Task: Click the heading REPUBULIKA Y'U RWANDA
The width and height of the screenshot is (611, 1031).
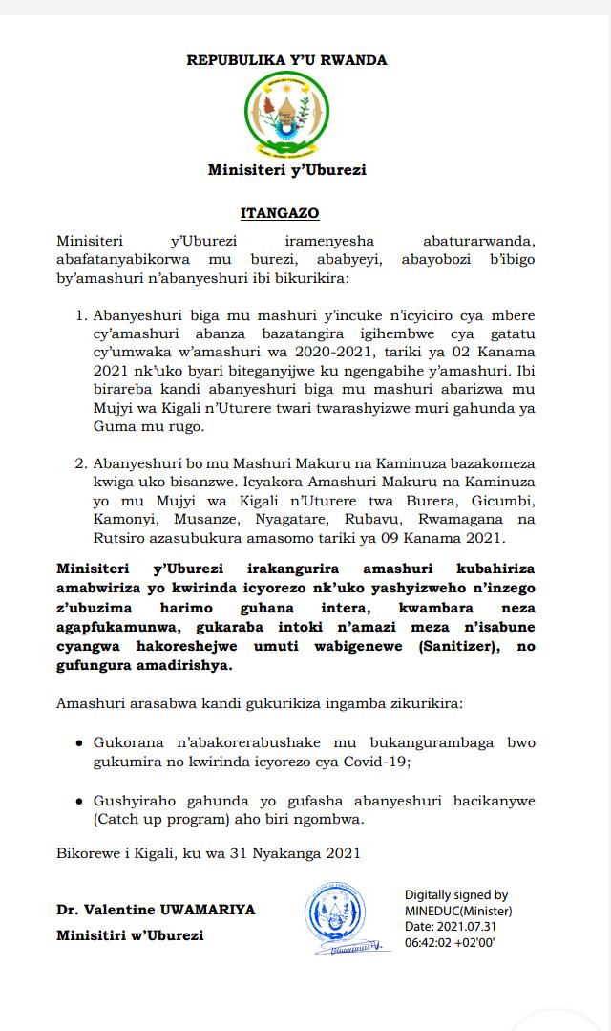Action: pyautogui.click(x=286, y=60)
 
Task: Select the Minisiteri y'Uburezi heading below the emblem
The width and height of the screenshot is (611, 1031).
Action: pyautogui.click(x=286, y=171)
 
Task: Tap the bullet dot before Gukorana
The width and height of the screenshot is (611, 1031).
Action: pyautogui.click(x=77, y=741)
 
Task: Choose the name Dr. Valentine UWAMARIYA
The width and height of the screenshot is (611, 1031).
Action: pyautogui.click(x=156, y=910)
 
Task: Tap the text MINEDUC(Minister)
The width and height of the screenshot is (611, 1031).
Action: pyautogui.click(x=457, y=911)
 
